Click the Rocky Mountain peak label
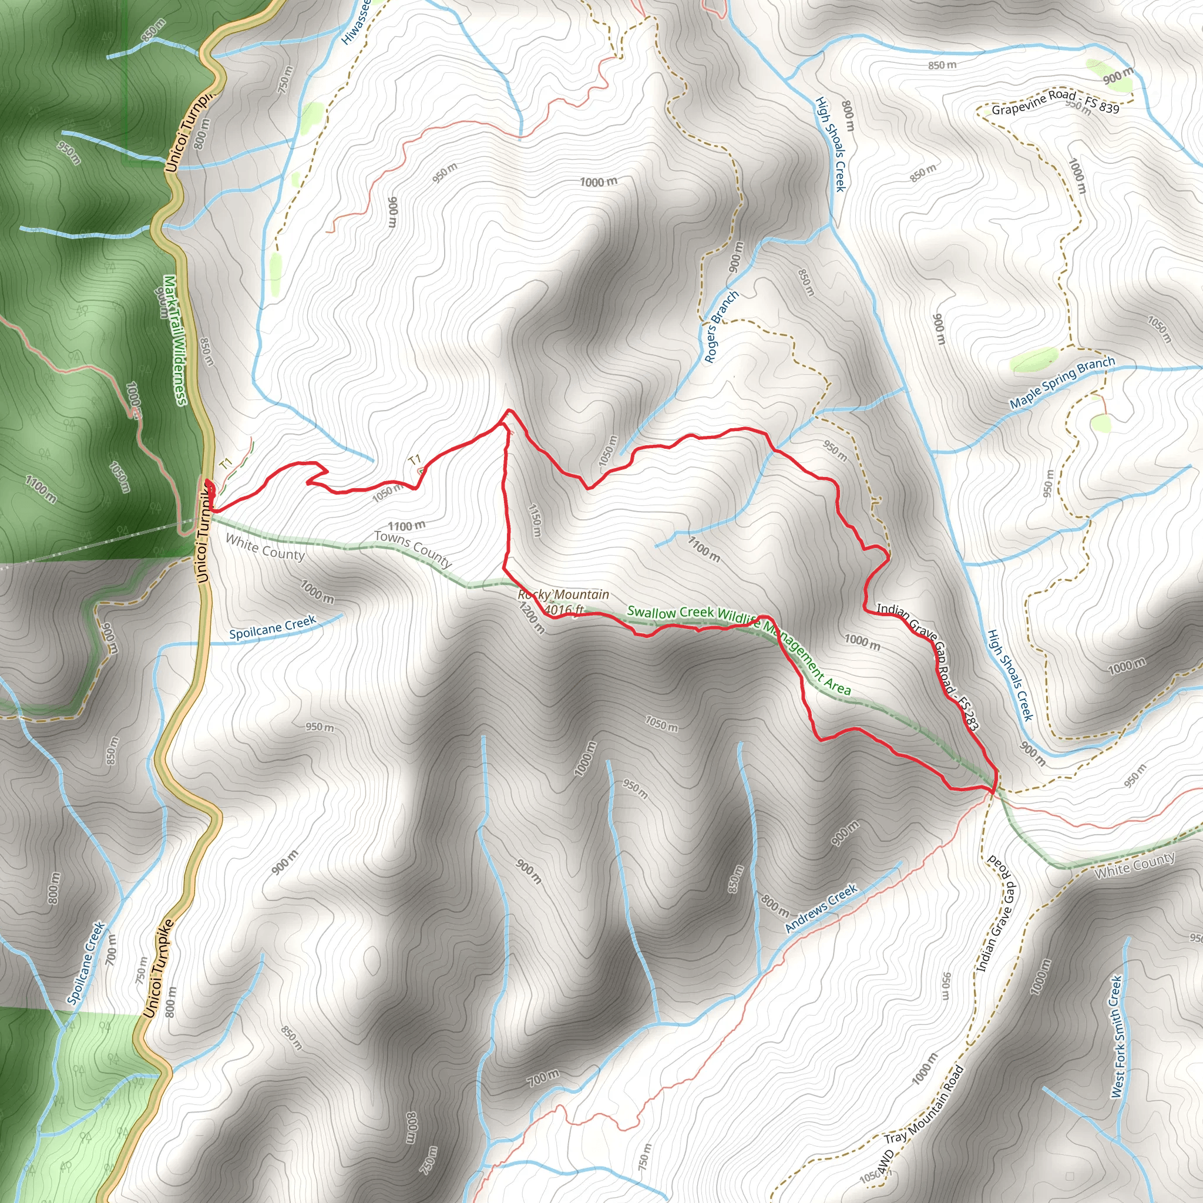click(x=563, y=594)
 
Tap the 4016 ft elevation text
click(x=563, y=610)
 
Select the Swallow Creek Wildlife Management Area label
click(x=738, y=647)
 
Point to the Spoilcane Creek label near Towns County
click(x=272, y=627)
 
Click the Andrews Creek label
click(x=821, y=909)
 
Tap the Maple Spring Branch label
click(x=1061, y=382)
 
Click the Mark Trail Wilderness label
click(x=175, y=340)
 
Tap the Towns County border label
click(x=413, y=549)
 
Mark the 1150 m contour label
click(x=535, y=520)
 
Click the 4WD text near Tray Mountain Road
click(x=885, y=1162)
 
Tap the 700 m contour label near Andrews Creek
click(x=543, y=1077)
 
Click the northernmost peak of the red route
click(x=509, y=411)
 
